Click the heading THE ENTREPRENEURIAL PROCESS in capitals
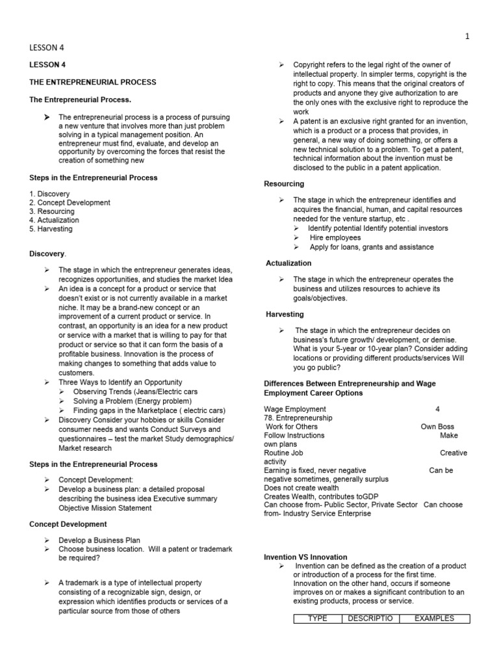pyautogui.click(x=93, y=82)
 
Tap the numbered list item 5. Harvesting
pyautogui.click(x=51, y=229)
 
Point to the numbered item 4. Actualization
pyautogui.click(x=55, y=220)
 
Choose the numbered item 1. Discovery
pyautogui.click(x=49, y=194)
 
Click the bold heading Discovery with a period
pyautogui.click(x=48, y=253)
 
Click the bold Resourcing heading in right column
pyautogui.click(x=284, y=184)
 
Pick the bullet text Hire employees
pyautogui.click(x=335, y=238)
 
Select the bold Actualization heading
pyautogui.click(x=288, y=263)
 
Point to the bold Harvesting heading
pyautogui.click(x=285, y=314)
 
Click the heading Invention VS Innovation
pyautogui.click(x=305, y=557)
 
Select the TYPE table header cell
pyautogui.click(x=317, y=619)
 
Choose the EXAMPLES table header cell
pyautogui.click(x=434, y=619)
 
